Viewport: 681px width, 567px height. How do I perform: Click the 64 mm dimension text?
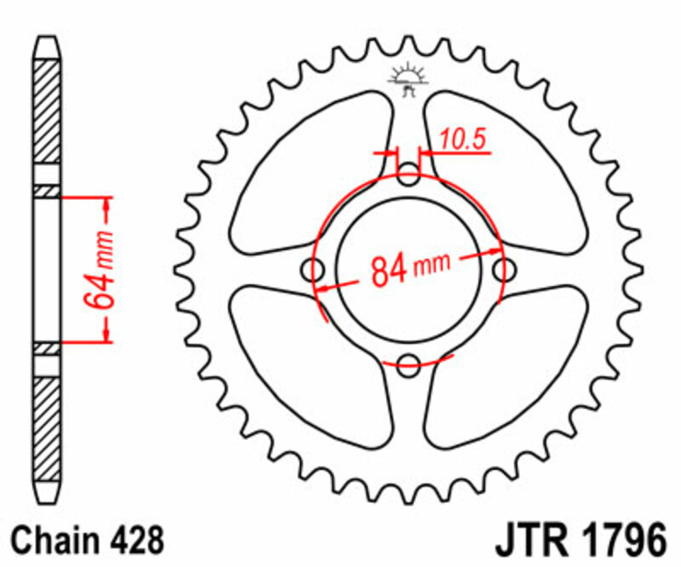pos(99,270)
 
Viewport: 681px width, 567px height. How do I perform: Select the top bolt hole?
pos(409,178)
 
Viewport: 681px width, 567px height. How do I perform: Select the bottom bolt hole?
pos(409,364)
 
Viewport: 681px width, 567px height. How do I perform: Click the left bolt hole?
pos(316,272)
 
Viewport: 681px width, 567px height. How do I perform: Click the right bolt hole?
pos(505,271)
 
